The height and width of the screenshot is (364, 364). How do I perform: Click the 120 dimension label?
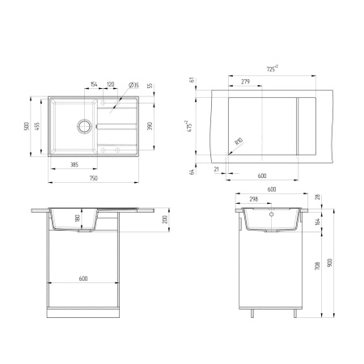tap(110, 83)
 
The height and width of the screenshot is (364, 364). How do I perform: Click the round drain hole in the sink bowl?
tap(83, 125)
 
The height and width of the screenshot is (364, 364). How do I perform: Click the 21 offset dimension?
tap(218, 168)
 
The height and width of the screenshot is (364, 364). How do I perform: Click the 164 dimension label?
tap(318, 222)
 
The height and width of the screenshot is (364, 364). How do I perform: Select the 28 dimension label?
tap(318, 197)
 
